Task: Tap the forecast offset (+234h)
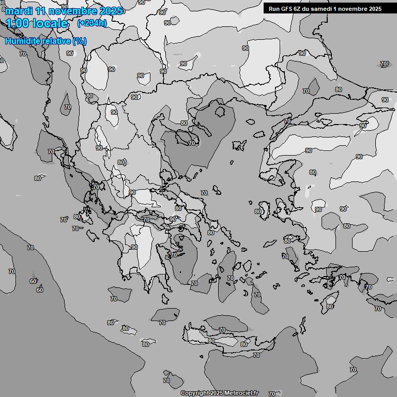[x=92, y=23]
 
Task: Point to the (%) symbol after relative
[x=80, y=41]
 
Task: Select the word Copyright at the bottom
[x=194, y=393]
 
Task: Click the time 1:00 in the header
[x=18, y=23]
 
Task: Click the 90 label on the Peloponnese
[x=134, y=247]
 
